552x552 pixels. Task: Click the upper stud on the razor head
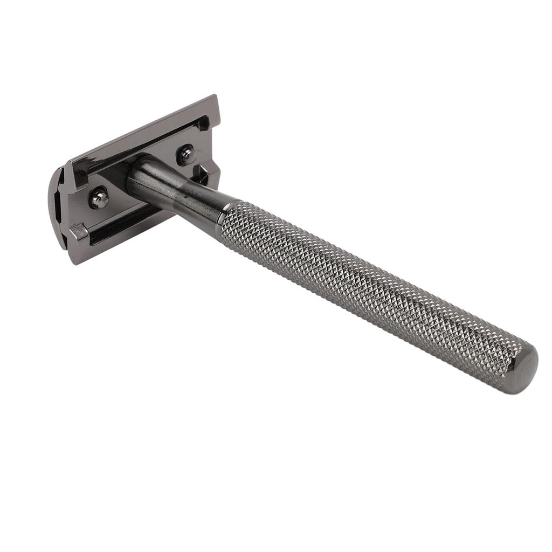click(x=187, y=155)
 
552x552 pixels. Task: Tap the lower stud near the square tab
click(x=99, y=198)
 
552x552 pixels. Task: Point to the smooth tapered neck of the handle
click(x=178, y=189)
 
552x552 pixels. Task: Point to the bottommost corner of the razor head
click(x=75, y=264)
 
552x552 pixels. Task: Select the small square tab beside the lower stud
click(x=78, y=232)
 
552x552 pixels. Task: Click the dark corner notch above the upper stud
click(x=203, y=125)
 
